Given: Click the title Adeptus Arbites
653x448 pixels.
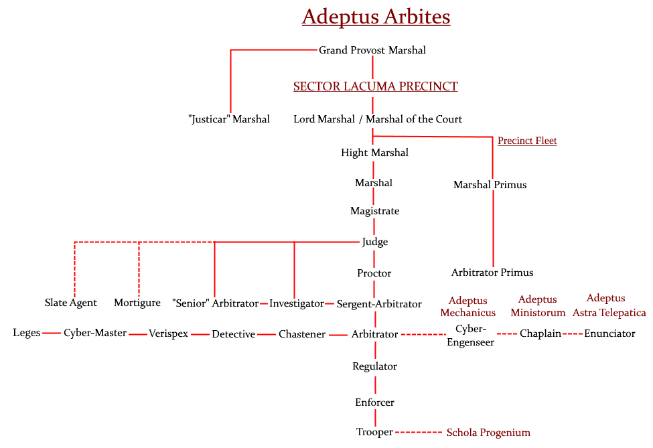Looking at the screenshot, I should click(376, 17).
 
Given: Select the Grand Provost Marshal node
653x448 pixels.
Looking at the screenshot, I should click(372, 50).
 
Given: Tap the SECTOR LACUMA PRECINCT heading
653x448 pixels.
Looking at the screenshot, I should click(376, 86).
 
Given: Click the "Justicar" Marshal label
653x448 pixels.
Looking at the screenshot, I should click(229, 119).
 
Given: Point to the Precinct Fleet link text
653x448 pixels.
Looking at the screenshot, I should click(527, 141).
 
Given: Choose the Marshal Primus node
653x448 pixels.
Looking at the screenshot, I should click(490, 185).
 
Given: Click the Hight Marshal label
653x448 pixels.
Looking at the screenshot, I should click(374, 153).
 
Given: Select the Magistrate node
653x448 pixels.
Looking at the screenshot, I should click(374, 211).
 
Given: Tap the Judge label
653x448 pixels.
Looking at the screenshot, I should click(374, 242).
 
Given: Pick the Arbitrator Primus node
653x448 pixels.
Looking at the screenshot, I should click(492, 273).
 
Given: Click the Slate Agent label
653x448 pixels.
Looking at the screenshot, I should click(71, 303).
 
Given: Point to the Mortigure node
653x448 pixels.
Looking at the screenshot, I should click(137, 303).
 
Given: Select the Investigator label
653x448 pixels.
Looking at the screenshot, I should click(297, 303).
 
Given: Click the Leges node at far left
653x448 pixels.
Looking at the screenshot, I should click(27, 333).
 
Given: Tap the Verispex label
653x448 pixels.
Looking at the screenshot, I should click(168, 333).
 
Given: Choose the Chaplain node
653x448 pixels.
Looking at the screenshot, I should click(540, 333).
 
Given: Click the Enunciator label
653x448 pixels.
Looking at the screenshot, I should click(609, 333).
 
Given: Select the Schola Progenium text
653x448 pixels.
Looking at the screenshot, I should click(488, 433).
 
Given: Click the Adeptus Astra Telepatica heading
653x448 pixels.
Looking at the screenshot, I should click(609, 305).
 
